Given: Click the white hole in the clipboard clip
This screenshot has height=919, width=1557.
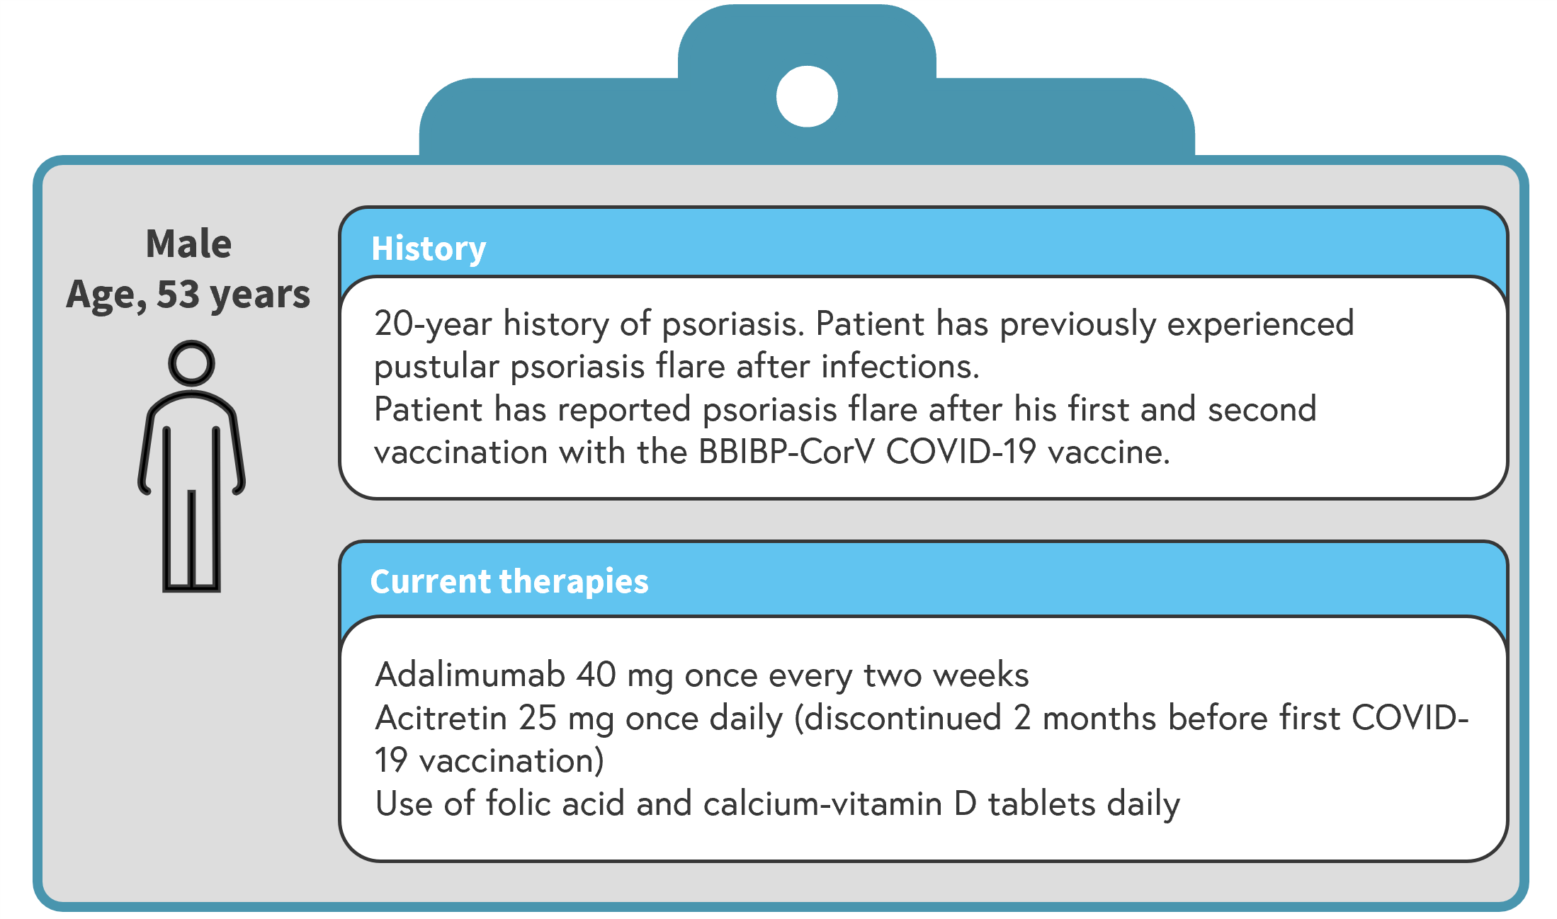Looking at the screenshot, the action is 807,96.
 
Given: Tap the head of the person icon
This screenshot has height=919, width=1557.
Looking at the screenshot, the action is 191,363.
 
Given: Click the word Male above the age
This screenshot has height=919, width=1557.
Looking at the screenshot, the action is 188,244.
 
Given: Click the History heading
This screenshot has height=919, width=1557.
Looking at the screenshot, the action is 429,249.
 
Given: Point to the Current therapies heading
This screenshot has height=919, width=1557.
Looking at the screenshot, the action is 509,581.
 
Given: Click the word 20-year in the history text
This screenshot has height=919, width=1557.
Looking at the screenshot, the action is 433,324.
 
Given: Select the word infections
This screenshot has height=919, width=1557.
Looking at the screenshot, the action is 900,366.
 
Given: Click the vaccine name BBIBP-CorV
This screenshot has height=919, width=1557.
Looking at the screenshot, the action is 786,452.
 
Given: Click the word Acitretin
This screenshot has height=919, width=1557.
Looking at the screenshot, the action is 441,717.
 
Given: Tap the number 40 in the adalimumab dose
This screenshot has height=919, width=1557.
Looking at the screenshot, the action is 596,674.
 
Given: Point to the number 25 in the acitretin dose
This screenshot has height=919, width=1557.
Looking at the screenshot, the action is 537,717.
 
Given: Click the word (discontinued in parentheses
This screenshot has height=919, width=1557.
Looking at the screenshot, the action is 898,717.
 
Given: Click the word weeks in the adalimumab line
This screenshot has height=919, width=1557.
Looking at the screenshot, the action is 981,674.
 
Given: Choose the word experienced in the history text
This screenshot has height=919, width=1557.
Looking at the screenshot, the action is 1260,324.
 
